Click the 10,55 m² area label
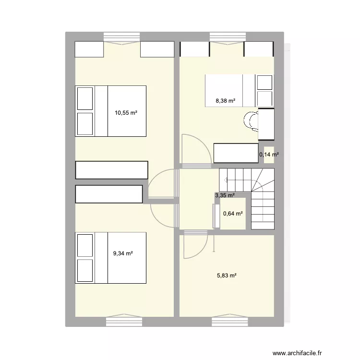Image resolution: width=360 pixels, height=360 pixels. (126, 113)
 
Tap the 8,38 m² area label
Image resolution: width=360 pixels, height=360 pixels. (226, 101)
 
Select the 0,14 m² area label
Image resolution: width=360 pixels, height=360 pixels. (269, 155)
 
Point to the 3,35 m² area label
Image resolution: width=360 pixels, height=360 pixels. (225, 195)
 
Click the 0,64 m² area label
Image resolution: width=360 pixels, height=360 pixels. (233, 214)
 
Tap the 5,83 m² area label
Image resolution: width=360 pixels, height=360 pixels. (227, 276)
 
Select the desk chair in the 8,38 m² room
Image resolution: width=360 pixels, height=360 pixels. (251, 120)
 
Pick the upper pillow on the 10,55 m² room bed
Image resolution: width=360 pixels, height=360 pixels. (85, 98)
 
